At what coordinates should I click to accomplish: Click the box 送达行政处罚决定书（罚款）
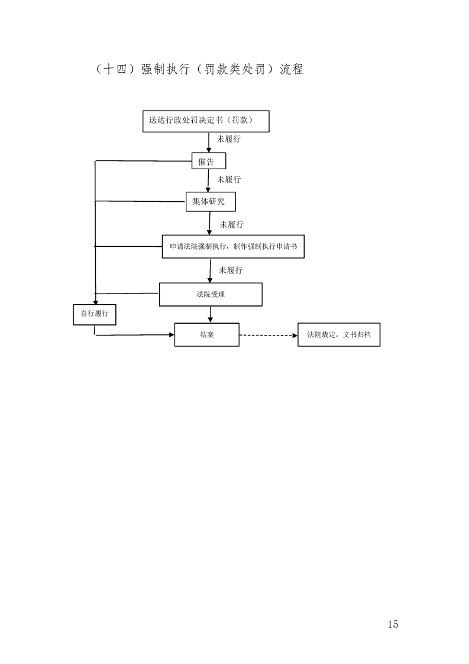pyautogui.click(x=206, y=121)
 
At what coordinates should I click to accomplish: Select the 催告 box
pyautogui.click(x=209, y=161)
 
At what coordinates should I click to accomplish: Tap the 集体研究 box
pyautogui.click(x=211, y=202)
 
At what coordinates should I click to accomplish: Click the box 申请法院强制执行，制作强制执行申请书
pyautogui.click(x=233, y=246)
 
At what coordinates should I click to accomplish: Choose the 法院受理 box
pyautogui.click(x=211, y=294)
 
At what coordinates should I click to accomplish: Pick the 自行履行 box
pyautogui.click(x=95, y=315)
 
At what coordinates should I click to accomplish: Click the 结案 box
pyautogui.click(x=207, y=334)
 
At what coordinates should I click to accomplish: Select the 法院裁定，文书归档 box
pyautogui.click(x=339, y=334)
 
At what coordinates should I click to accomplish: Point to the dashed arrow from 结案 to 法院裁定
pyautogui.click(x=269, y=336)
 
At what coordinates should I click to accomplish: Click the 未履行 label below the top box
pyautogui.click(x=228, y=139)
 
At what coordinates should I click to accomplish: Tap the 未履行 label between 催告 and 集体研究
pyautogui.click(x=228, y=179)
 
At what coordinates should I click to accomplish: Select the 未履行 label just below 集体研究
pyautogui.click(x=231, y=225)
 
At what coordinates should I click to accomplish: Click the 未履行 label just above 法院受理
pyautogui.click(x=231, y=270)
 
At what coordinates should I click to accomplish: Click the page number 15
pyautogui.click(x=392, y=624)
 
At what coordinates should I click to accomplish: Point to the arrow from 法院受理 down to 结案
pyautogui.click(x=211, y=314)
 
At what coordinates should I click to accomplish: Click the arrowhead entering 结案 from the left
pyautogui.click(x=172, y=334)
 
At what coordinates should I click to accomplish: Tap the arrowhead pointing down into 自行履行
pyautogui.click(x=95, y=301)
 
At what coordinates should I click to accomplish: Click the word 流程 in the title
pyautogui.click(x=291, y=69)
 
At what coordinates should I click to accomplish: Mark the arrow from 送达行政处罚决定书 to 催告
pyautogui.click(x=209, y=142)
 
